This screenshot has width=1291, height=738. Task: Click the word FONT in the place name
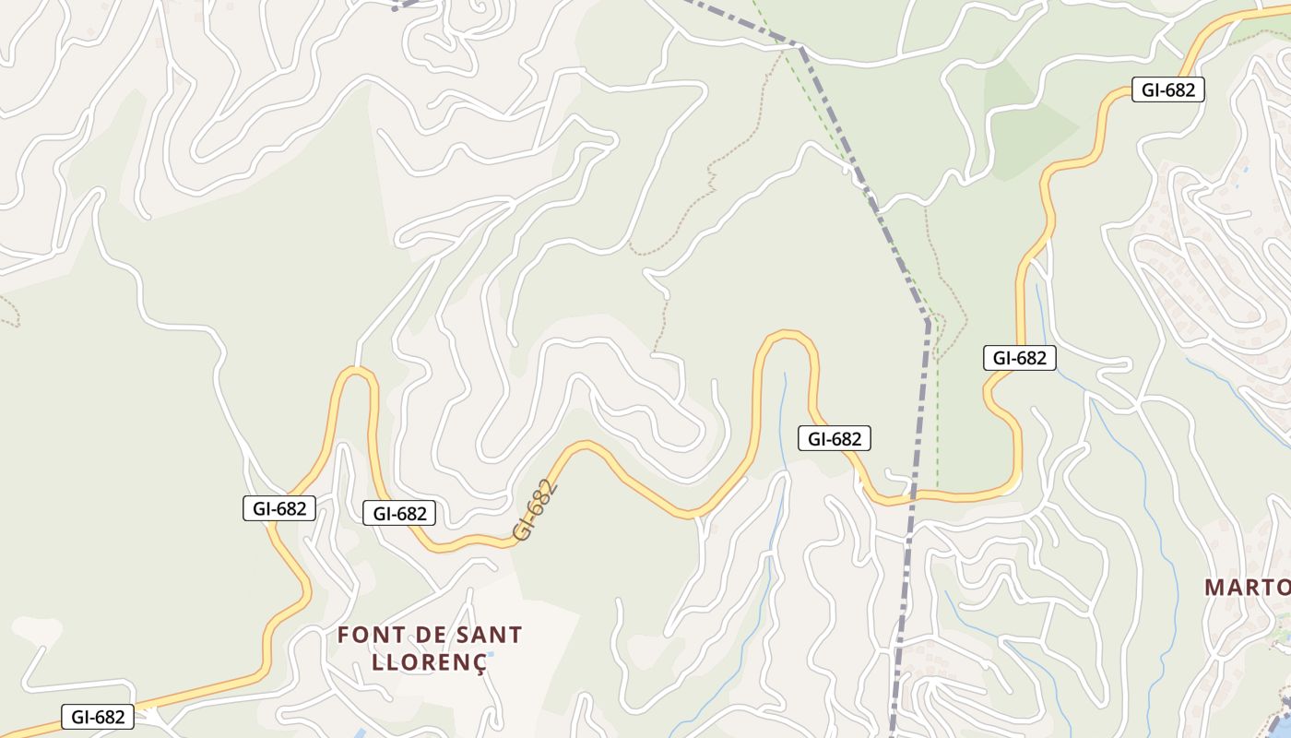[x=368, y=635]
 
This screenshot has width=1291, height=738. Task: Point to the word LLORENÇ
[x=428, y=661]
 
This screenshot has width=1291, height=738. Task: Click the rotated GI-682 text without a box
[x=536, y=509]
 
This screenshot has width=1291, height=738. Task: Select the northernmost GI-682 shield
[x=1167, y=89]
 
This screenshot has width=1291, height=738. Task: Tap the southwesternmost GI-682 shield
[x=98, y=717]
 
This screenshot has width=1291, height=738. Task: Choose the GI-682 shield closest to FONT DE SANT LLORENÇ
[x=399, y=514]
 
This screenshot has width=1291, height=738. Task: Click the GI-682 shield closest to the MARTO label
[x=1019, y=358]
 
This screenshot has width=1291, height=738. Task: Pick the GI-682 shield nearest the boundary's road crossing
[x=834, y=439]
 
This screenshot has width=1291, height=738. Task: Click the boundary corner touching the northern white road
[x=800, y=45]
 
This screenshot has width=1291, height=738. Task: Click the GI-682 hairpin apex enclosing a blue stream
[x=787, y=337]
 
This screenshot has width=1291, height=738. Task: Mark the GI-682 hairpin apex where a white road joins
[x=356, y=372]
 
